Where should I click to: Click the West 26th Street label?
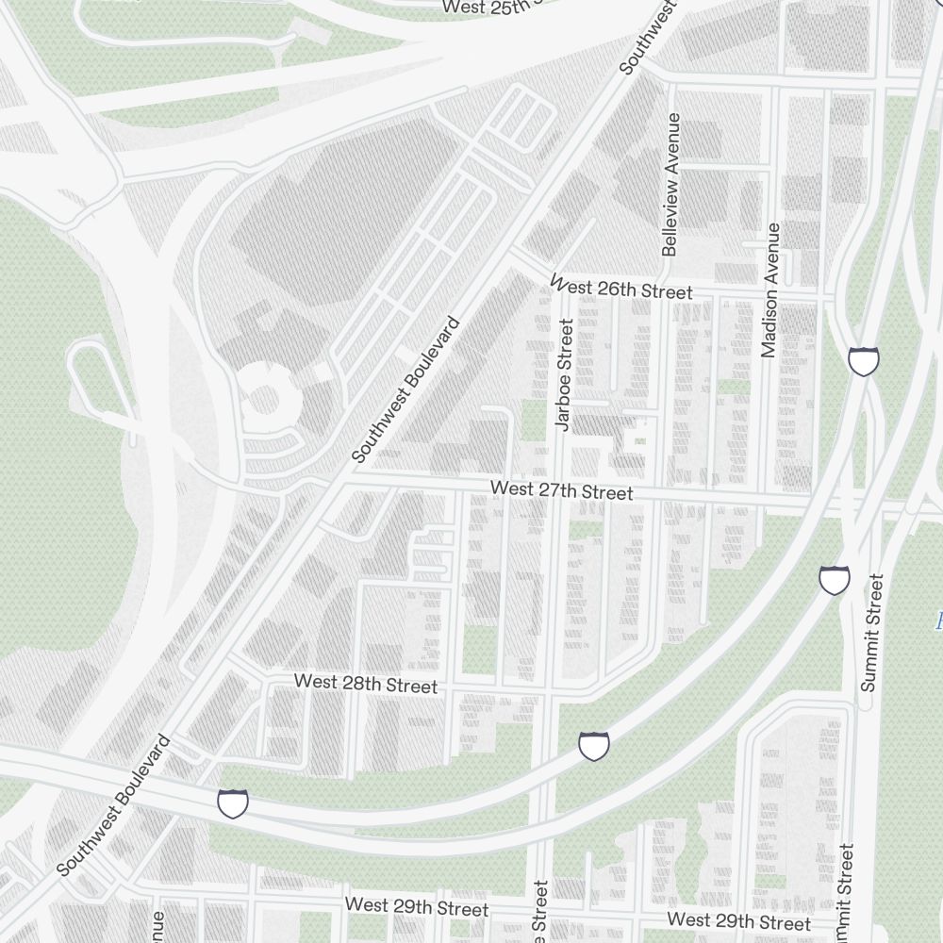click(x=621, y=288)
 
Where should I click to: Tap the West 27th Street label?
click(x=562, y=490)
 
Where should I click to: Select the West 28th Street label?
click(x=366, y=684)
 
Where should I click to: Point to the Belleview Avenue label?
click(x=671, y=185)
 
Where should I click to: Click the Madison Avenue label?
click(x=770, y=290)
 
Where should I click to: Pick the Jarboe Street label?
click(x=565, y=375)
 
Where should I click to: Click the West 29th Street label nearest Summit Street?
click(x=739, y=920)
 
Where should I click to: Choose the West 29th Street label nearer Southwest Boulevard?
click(x=417, y=906)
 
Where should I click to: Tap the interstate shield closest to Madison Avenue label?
click(x=864, y=360)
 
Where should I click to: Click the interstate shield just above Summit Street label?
click(x=835, y=580)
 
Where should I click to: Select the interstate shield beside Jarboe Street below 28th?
click(x=593, y=746)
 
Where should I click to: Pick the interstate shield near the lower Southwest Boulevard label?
click(x=233, y=803)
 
